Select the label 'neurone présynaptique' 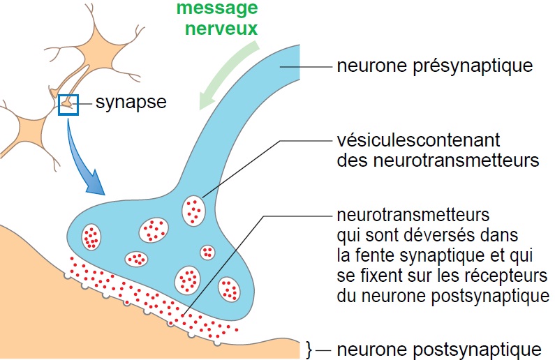tap(434, 66)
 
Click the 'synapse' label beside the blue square tap(131, 103)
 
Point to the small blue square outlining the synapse tap(68, 104)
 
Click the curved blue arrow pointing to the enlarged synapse tap(83, 160)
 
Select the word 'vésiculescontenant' tap(418, 141)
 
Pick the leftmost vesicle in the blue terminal tap(91, 237)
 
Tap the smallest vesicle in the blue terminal tap(207, 252)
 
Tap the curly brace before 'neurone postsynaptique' tap(309, 349)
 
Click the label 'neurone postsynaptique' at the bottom tap(438, 349)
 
